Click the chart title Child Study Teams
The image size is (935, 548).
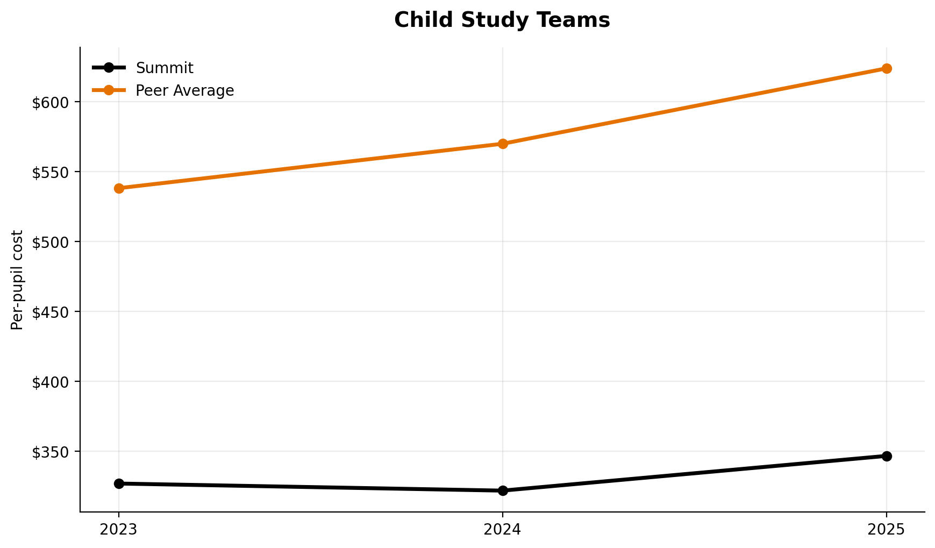(x=502, y=20)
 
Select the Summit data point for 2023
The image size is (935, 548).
(x=119, y=483)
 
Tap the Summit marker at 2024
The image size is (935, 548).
(x=503, y=490)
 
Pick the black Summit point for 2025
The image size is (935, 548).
(x=887, y=456)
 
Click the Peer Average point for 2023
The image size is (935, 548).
(x=119, y=188)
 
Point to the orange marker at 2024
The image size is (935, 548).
(x=503, y=144)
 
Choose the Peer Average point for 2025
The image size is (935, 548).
(x=887, y=68)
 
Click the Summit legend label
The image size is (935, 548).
(x=165, y=68)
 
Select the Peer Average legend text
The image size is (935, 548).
(x=184, y=90)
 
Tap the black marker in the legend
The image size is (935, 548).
(x=109, y=68)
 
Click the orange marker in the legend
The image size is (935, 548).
(x=109, y=90)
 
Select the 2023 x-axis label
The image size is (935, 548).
(x=119, y=530)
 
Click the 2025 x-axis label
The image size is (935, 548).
(x=887, y=530)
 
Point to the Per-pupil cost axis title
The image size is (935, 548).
(x=18, y=280)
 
